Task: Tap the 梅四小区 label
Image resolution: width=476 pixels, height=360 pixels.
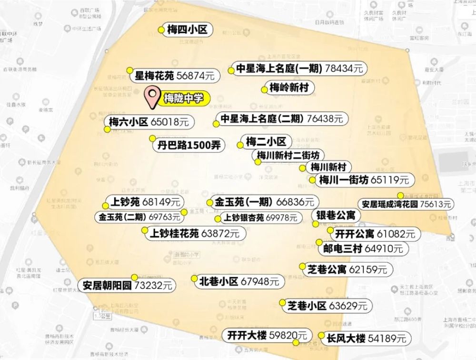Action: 188,30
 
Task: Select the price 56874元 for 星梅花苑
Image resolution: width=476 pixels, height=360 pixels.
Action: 195,75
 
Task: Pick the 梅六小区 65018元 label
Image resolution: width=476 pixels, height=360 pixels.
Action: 149,122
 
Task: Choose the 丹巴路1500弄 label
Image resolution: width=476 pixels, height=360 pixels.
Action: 189,145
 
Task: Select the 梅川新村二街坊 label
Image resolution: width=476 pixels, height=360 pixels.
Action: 290,155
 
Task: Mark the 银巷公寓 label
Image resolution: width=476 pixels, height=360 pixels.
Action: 336,215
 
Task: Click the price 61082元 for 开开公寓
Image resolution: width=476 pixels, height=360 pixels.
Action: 396,234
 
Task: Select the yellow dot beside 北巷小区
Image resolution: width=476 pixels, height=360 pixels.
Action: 194,279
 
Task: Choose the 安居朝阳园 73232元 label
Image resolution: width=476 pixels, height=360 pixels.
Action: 128,286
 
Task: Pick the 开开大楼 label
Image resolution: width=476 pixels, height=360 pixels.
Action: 247,335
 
